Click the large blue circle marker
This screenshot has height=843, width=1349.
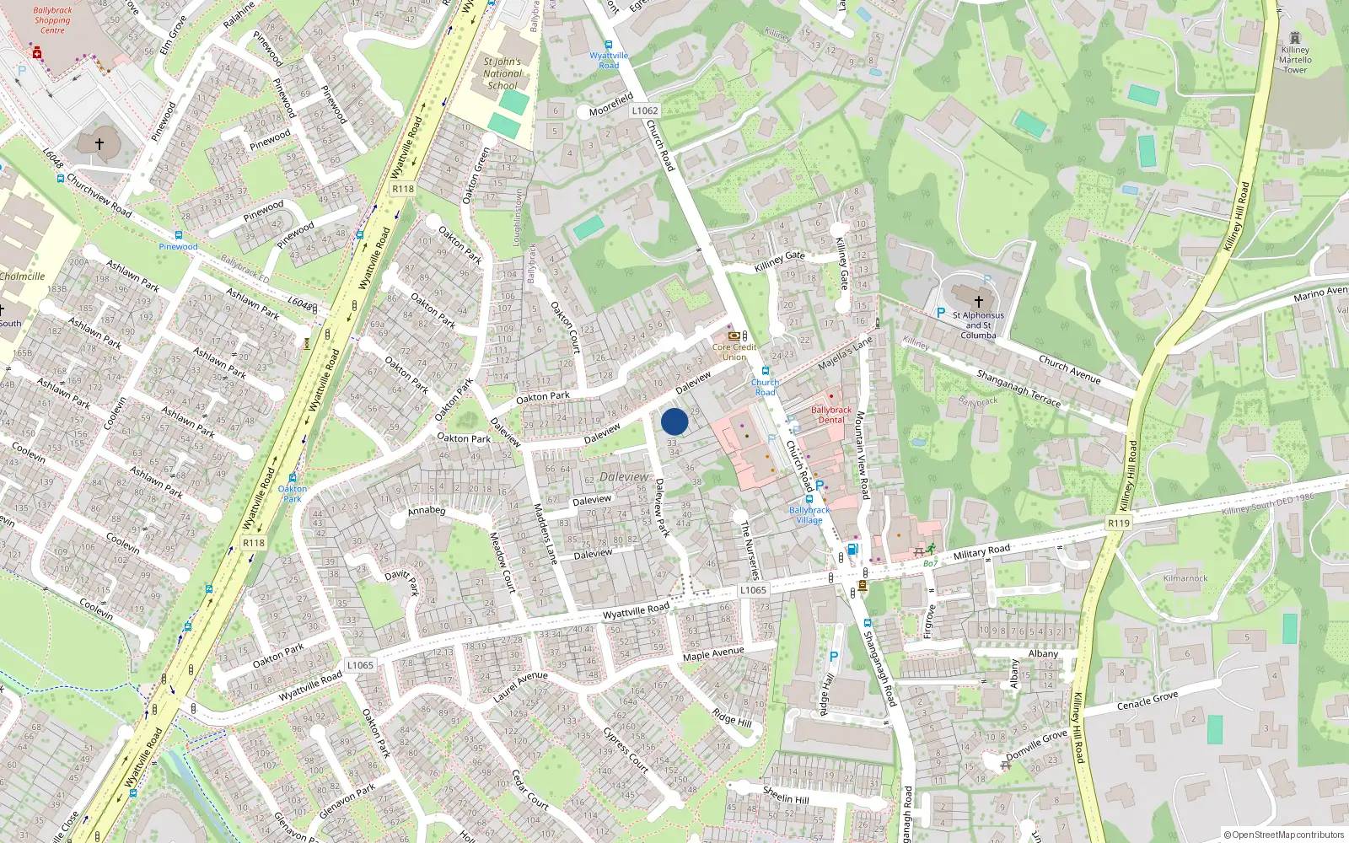point(674,421)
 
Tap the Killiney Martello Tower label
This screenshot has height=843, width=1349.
point(1295,60)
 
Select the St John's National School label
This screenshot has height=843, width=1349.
point(502,73)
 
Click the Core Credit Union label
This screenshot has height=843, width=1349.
point(734,352)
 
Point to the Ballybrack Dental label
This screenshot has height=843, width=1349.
point(831,415)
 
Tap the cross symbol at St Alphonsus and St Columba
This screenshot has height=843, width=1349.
point(978,301)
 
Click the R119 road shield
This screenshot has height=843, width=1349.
point(1118,524)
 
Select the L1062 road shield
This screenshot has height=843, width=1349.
point(644,110)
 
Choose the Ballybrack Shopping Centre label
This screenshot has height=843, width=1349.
point(52,20)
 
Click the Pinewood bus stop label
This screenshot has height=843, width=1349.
point(178,247)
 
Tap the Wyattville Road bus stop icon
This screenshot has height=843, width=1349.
point(608,46)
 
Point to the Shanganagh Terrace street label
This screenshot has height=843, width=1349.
point(1018,388)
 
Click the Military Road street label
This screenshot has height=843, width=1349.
point(981,553)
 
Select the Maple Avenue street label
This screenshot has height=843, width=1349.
point(713,654)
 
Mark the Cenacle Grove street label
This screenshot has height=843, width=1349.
point(1147,701)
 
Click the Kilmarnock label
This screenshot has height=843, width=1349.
point(1185,578)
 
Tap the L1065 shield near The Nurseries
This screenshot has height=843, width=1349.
point(753,590)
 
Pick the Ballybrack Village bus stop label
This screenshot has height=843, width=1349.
point(809,515)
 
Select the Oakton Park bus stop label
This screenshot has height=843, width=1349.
point(292,493)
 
